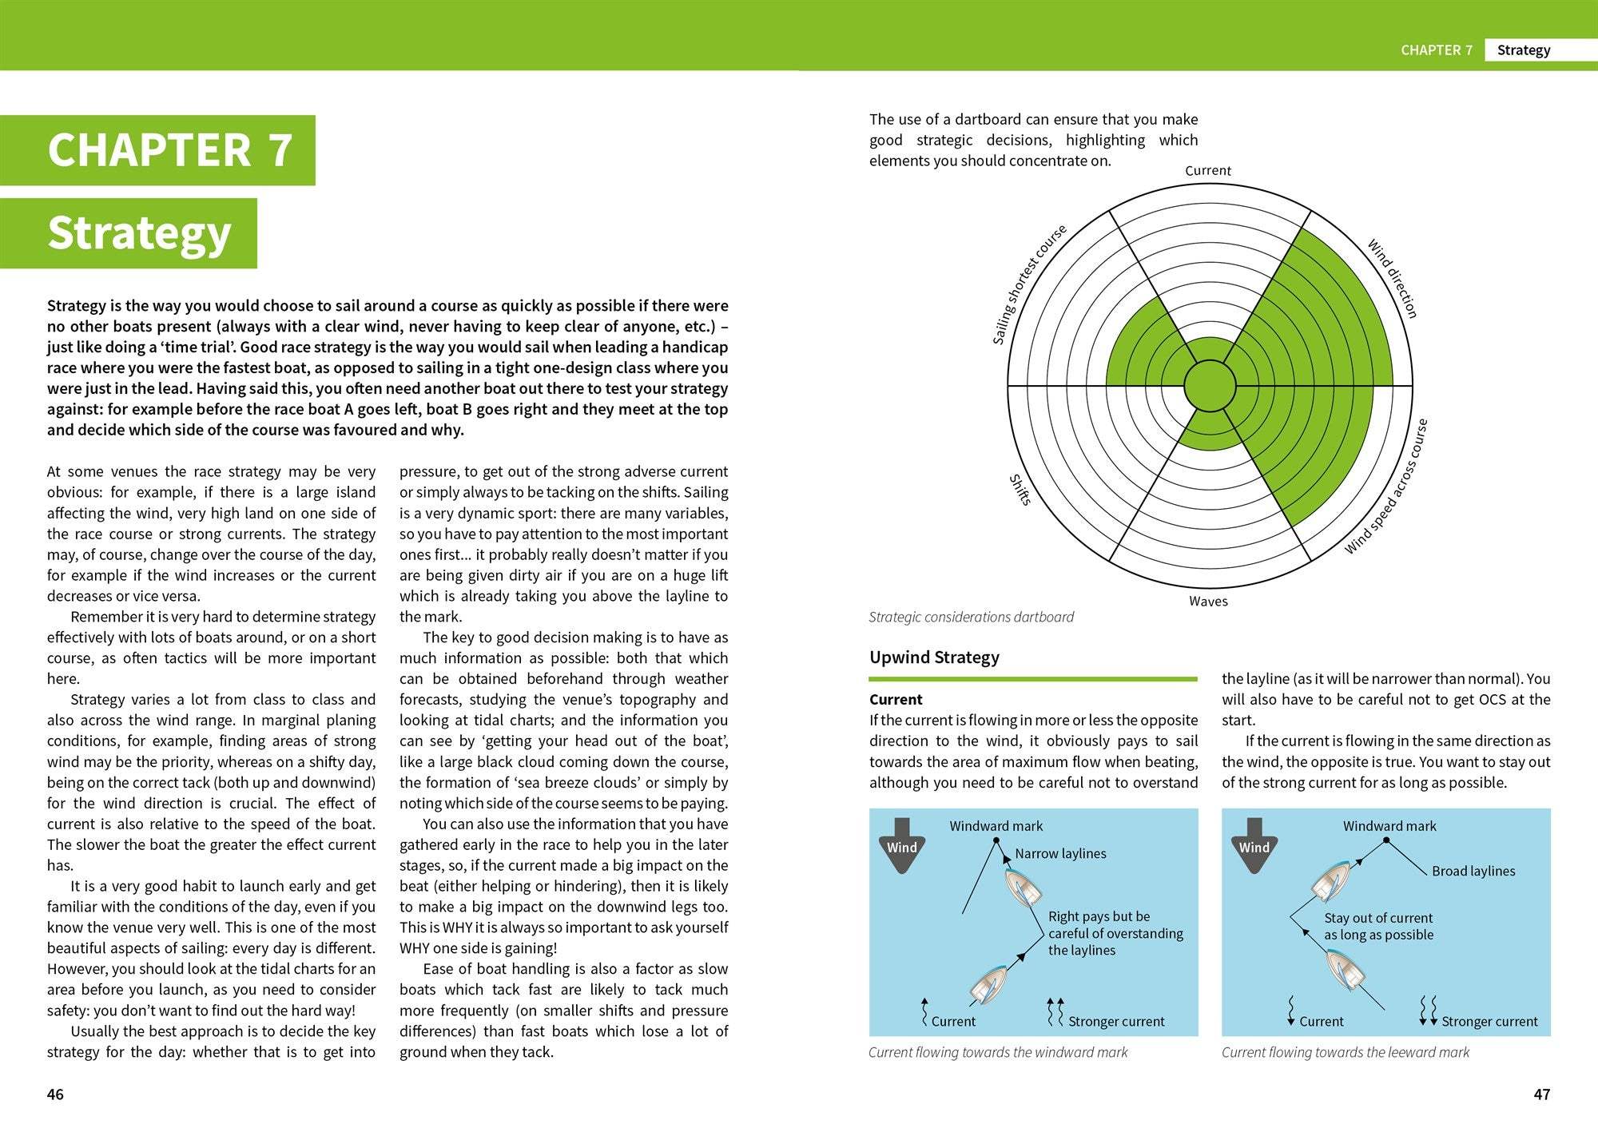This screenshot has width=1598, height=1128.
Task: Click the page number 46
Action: pyautogui.click(x=55, y=1094)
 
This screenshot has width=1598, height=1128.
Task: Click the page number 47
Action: pyautogui.click(x=1541, y=1094)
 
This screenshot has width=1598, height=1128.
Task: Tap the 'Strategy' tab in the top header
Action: pyautogui.click(x=1523, y=50)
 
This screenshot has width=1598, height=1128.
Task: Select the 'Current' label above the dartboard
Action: pyautogui.click(x=1207, y=171)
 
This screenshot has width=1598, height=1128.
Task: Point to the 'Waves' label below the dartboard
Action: pyautogui.click(x=1207, y=602)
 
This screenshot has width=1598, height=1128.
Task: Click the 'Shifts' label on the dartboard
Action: pyautogui.click(x=1020, y=490)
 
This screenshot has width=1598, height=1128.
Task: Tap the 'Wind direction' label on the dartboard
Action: pyautogui.click(x=1392, y=278)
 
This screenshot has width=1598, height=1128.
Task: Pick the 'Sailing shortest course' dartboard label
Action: pyautogui.click(x=1029, y=284)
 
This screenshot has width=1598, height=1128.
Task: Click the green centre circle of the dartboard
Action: pyautogui.click(x=1209, y=386)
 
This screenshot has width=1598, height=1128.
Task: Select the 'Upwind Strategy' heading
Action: pyautogui.click(x=934, y=657)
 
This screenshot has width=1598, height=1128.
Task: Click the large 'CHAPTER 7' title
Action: pyautogui.click(x=169, y=150)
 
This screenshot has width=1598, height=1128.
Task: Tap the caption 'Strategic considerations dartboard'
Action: pyautogui.click(x=971, y=617)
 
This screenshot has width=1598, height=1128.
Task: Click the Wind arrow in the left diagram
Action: pyautogui.click(x=901, y=845)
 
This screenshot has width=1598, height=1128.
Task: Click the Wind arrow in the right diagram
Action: pyautogui.click(x=1254, y=845)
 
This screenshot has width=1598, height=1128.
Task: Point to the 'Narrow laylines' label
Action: pyautogui.click(x=1060, y=854)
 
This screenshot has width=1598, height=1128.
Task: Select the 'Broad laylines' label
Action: pyautogui.click(x=1473, y=872)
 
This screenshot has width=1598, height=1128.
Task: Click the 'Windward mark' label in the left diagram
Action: pyautogui.click(x=996, y=826)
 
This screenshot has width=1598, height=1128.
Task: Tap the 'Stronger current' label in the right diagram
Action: pyautogui.click(x=1489, y=1022)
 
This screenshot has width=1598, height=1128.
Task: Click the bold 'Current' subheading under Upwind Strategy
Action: pyautogui.click(x=896, y=700)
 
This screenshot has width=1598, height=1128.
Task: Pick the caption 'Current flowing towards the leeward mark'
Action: pyautogui.click(x=1345, y=1053)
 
